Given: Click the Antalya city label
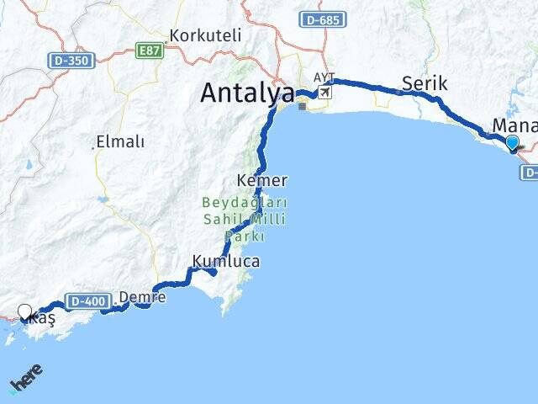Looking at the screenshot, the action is (247, 93).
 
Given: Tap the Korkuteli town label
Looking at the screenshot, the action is (205, 36).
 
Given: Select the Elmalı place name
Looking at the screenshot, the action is (120, 141).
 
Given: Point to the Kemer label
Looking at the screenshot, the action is (262, 180).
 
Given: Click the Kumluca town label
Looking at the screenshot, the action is (226, 262).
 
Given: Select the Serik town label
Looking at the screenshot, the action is (425, 83).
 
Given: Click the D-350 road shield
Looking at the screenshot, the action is (71, 60).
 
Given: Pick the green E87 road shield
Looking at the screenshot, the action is (150, 51).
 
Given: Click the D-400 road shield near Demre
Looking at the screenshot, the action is (87, 301).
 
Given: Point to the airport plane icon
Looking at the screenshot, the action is (324, 91).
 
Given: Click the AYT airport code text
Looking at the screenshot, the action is (324, 77).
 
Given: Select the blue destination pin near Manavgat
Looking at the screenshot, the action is (513, 145).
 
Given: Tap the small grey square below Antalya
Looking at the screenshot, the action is (302, 106).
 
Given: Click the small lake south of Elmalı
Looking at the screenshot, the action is (103, 199).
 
